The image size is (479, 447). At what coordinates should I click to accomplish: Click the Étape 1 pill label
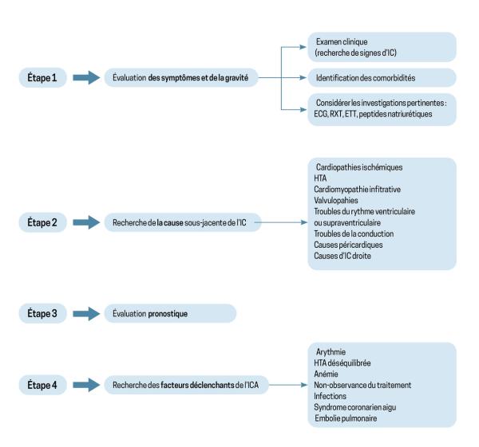click(x=42, y=78)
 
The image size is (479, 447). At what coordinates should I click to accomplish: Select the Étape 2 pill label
click(x=42, y=222)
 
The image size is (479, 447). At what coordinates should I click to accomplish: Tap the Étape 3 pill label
click(x=42, y=313)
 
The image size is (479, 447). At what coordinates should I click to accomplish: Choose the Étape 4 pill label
click(x=42, y=385)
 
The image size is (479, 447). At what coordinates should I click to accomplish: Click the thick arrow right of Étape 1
click(x=86, y=78)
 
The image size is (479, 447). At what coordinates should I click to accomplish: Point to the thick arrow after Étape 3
click(x=86, y=314)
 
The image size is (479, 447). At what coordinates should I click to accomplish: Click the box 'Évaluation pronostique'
click(x=170, y=313)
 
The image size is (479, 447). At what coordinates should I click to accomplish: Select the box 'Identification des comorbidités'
click(x=382, y=78)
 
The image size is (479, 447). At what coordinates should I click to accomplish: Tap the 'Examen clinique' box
click(x=382, y=47)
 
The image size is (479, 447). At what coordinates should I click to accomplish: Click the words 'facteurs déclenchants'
click(x=197, y=385)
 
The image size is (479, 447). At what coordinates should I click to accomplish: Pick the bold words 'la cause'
click(x=170, y=223)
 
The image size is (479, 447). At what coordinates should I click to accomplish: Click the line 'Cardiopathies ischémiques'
click(x=359, y=167)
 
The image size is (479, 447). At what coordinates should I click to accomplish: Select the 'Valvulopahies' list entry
click(x=336, y=200)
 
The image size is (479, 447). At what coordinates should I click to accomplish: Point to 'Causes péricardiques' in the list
click(x=348, y=245)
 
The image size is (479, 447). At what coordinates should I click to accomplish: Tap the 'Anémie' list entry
click(x=326, y=374)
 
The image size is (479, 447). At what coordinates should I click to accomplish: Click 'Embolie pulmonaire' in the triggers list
click(x=346, y=418)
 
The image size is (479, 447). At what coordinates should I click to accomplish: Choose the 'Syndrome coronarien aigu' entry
click(x=354, y=407)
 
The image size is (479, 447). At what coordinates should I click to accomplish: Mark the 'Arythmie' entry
click(x=331, y=352)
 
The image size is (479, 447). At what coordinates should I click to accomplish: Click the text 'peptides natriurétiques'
click(x=395, y=115)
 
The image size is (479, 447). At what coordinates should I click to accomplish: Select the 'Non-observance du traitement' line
click(x=362, y=385)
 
